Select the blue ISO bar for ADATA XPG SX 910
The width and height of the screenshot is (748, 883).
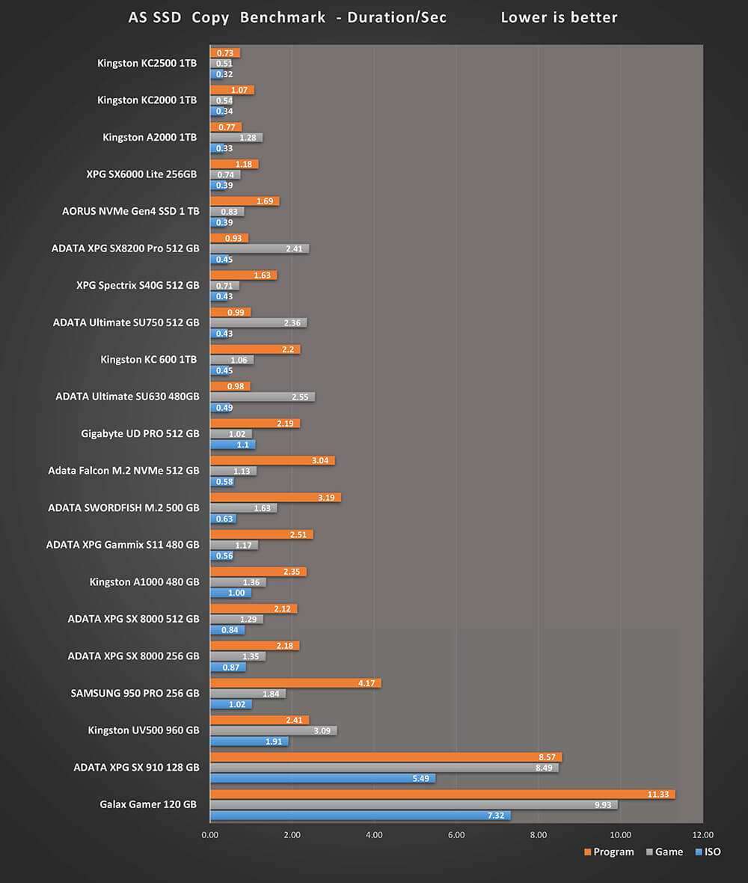322,778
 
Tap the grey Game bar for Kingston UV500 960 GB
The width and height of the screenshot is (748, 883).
273,730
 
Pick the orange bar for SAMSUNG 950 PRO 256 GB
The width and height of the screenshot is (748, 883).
295,683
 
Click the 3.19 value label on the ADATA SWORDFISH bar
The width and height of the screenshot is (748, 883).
327,498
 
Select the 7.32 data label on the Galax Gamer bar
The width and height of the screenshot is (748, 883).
497,816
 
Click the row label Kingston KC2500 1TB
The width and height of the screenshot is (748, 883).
147,64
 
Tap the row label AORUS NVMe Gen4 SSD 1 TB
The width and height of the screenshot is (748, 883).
131,212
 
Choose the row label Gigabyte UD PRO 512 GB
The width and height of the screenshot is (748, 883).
140,434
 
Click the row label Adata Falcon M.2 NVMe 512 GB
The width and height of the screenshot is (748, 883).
123,471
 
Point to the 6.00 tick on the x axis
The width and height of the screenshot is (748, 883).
456,835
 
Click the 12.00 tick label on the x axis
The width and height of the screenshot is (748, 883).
702,835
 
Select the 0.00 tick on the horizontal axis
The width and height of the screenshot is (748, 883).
210,835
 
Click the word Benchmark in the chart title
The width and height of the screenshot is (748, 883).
282,17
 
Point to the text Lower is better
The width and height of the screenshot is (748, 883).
559,17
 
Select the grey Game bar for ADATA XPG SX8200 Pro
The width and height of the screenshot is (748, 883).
259,248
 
